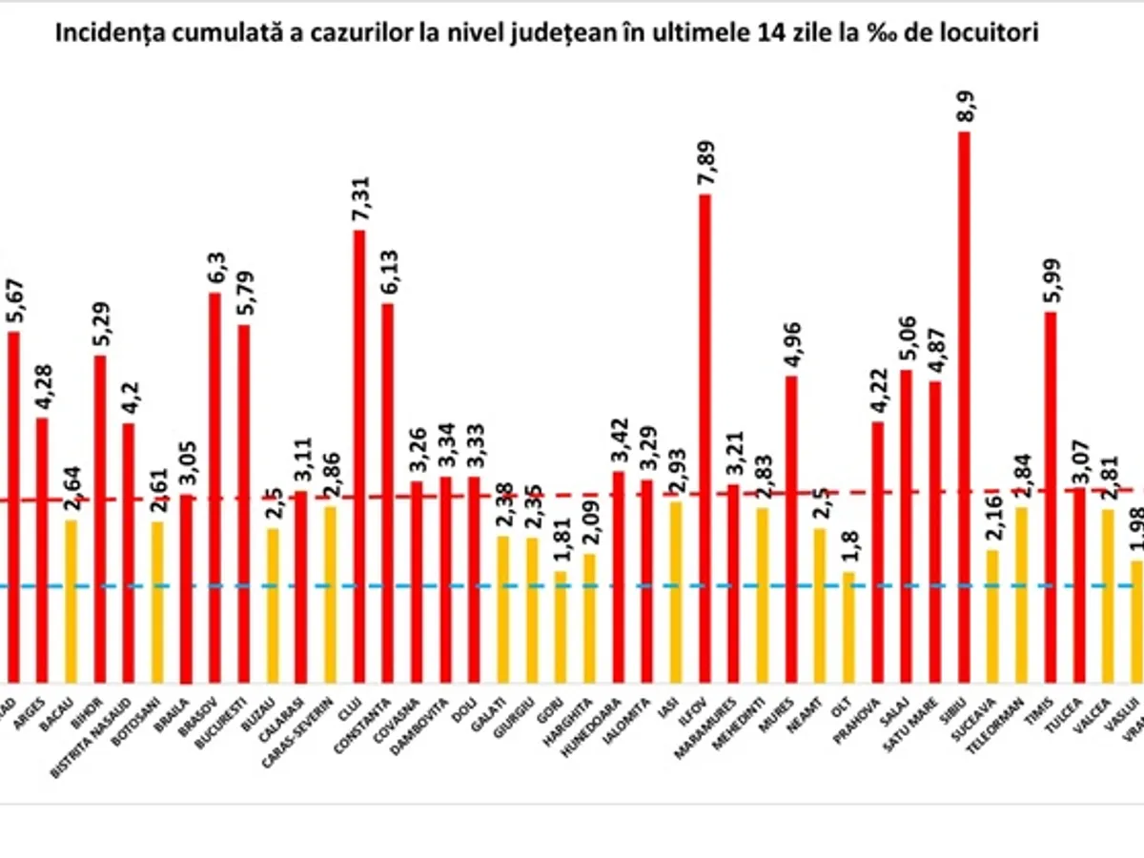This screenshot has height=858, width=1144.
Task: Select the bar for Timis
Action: [x=1051, y=496]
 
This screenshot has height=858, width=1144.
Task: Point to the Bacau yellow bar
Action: [x=70, y=601]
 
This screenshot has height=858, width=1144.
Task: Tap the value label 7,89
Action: [x=705, y=162]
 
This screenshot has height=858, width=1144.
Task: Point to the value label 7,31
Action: [x=359, y=198]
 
